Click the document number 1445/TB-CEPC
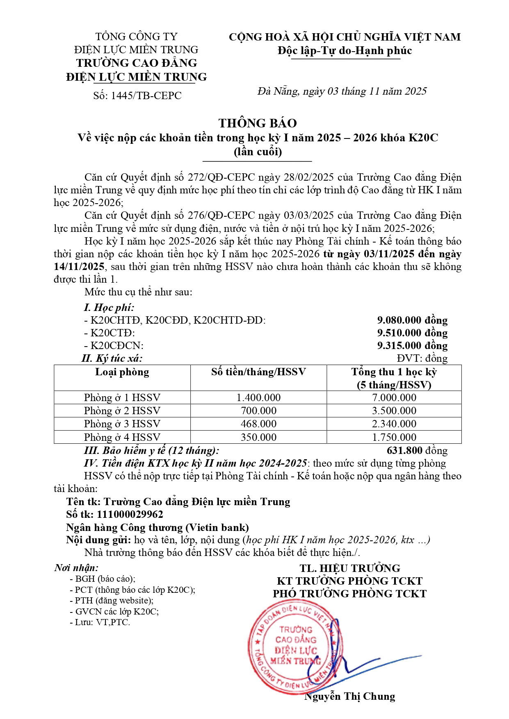point(137,95)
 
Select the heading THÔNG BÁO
point(258,123)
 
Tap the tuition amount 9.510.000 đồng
point(412,333)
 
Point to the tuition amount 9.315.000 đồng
point(412,345)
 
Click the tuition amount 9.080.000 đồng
point(412,320)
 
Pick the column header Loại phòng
point(122,372)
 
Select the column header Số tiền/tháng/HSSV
point(258,372)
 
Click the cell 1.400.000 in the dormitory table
point(258,397)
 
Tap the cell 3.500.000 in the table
point(394,411)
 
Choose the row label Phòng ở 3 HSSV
point(122,424)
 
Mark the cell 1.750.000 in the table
point(394,437)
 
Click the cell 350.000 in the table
point(258,437)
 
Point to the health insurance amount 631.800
point(404,451)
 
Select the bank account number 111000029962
point(130,514)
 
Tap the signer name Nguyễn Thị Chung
point(349,696)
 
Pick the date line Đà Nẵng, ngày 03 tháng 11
point(342,91)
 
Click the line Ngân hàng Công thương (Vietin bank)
point(157,527)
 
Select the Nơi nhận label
point(76,567)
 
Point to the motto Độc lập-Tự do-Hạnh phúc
point(345,50)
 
